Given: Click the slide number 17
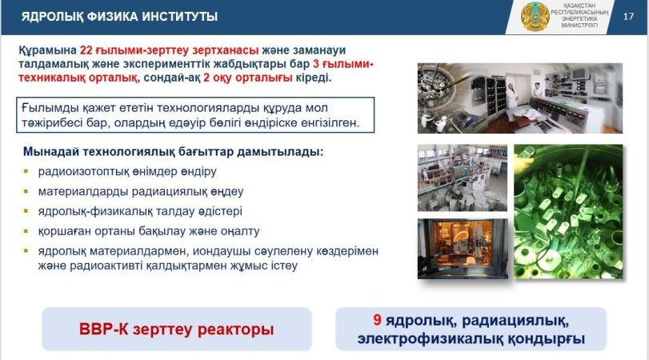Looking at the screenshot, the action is point(628,17).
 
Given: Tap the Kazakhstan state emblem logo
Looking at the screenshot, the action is point(535,17).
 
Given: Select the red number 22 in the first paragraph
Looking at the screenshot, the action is point(86,50).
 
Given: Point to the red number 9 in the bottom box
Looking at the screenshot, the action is point(377,319).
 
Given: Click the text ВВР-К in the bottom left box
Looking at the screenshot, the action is point(103,330).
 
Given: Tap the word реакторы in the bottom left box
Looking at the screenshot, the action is point(235,330).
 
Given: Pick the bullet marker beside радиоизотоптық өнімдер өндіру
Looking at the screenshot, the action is point(26,171).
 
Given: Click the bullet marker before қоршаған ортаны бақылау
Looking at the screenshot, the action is point(26,231).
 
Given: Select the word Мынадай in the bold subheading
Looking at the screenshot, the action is point(51,152).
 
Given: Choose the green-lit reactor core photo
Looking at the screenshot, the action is point(568,211).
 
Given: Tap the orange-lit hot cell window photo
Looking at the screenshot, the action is point(463,248).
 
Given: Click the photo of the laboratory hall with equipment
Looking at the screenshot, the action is point(463,178).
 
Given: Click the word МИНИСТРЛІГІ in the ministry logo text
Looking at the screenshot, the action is point(579,26).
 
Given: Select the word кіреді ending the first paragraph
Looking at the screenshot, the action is point(314,78).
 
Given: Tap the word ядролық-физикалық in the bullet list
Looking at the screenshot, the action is point(93,211).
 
